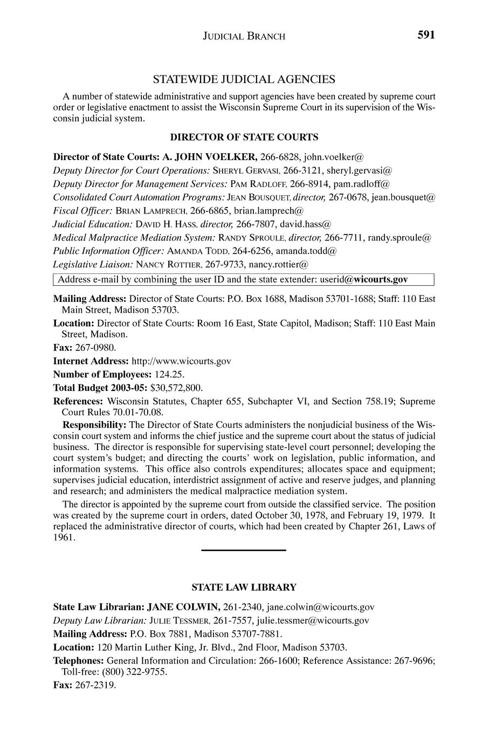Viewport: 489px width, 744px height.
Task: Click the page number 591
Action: click(425, 35)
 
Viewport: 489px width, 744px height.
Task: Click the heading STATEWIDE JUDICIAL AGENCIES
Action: click(244, 79)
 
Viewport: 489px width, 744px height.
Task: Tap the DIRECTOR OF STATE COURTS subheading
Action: click(244, 137)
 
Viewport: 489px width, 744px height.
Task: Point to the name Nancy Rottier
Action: click(169, 264)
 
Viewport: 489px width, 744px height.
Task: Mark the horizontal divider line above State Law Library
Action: click(243, 550)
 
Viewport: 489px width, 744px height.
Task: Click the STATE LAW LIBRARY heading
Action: click(244, 587)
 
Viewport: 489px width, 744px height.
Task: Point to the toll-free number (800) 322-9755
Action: click(141, 672)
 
